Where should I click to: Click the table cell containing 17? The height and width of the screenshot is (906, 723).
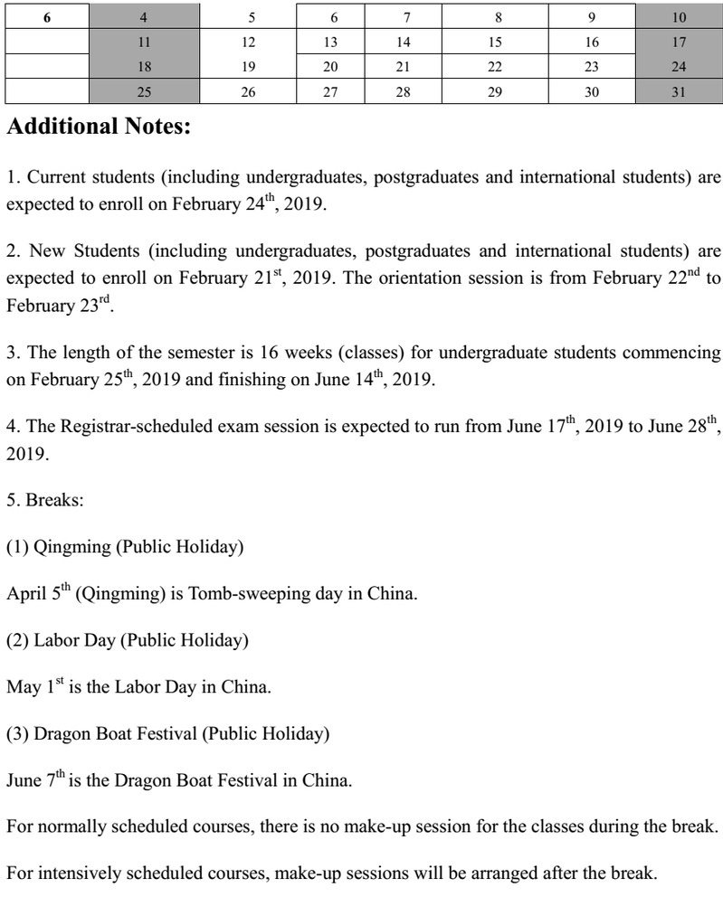(679, 42)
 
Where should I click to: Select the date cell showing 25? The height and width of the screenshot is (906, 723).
(144, 91)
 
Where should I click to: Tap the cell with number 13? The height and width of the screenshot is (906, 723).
(330, 42)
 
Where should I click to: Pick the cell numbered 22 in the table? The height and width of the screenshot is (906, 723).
(494, 66)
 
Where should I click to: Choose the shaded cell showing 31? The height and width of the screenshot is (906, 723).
(679, 91)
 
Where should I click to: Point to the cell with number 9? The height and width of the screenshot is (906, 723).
(591, 16)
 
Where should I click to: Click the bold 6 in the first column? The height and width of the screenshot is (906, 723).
(46, 16)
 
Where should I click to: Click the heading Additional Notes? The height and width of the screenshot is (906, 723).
(99, 127)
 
